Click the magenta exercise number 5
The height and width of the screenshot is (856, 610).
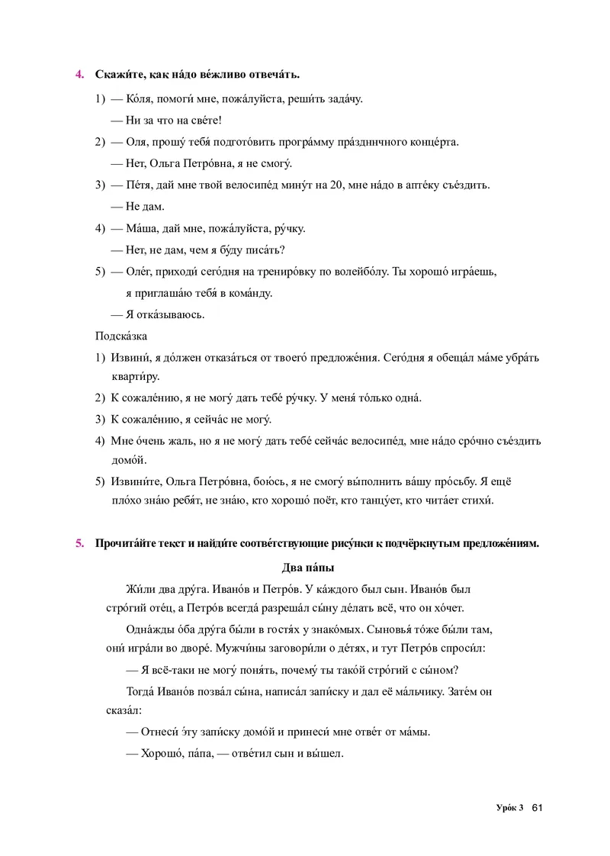coord(79,544)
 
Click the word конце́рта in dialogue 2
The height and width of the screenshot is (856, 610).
coord(432,142)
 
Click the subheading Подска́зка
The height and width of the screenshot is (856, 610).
coord(121,336)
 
